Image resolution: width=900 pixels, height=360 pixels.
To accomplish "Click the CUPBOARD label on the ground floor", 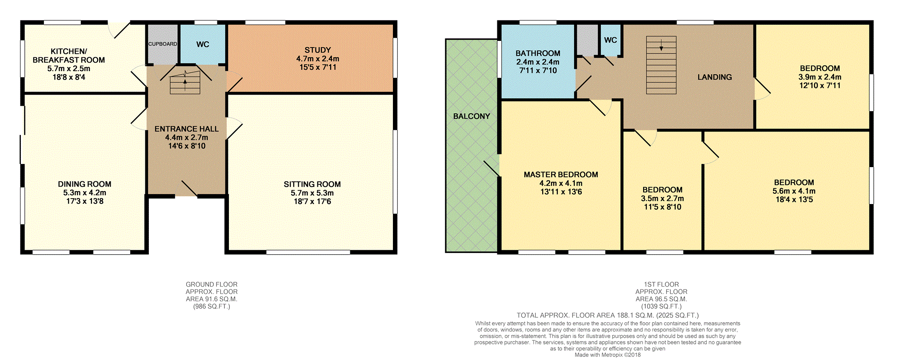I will coord(163,44).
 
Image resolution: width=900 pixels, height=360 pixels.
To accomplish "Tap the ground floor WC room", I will coord(203,44).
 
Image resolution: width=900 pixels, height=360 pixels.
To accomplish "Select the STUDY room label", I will coord(317,50).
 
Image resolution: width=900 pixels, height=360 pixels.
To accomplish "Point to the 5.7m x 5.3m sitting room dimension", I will coord(312,193).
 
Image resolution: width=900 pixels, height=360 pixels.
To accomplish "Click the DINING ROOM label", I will coord(84,184).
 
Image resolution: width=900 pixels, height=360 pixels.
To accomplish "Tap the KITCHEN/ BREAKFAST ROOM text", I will coord(68,56).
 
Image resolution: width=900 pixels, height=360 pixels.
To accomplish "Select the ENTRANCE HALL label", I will coord(187,129).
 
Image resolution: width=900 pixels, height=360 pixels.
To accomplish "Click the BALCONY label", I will coord(472,116).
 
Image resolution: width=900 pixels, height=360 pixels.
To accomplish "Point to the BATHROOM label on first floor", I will coord(538,53).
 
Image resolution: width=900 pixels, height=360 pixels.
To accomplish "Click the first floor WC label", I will coord(610,40).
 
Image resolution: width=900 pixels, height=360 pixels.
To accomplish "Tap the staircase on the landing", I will coord(661,65).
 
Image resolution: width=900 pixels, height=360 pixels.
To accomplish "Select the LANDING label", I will coord(714,77).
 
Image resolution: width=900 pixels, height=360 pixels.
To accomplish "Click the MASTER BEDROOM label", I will coord(560,175).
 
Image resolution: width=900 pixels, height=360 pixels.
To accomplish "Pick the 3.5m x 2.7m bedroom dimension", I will coord(662,199).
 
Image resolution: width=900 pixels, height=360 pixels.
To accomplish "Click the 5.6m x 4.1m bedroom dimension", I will coord(794,191).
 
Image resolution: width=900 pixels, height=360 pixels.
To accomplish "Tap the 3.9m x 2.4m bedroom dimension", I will coord(820,77).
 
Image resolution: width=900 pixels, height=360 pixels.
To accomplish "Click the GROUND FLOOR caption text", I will coord(212,284).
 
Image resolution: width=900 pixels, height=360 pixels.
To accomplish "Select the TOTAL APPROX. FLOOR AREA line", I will coord(607,315).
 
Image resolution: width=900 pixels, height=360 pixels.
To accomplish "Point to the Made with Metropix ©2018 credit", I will coord(607,355).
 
